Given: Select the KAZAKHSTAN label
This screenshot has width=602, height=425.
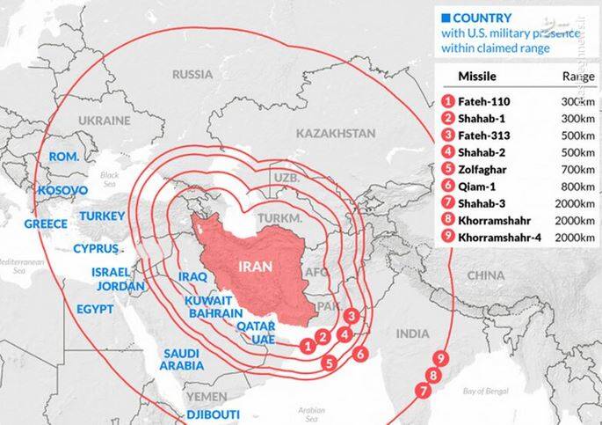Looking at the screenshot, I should [336, 133].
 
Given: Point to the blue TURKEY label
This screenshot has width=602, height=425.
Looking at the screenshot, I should [103, 216].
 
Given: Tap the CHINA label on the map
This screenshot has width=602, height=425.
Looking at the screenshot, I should [485, 275].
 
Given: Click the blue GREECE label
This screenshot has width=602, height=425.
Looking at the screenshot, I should [46, 224].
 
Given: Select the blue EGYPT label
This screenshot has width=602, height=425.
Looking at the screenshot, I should [95, 310].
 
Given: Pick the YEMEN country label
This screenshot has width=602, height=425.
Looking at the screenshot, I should [206, 396].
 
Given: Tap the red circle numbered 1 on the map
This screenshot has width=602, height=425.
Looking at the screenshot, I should [308, 346].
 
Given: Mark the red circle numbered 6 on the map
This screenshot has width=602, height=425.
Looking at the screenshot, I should [359, 354].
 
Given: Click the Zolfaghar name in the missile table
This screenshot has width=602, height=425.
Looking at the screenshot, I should [486, 168].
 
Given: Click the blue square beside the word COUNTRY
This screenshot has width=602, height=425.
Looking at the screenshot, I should [446, 17].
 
